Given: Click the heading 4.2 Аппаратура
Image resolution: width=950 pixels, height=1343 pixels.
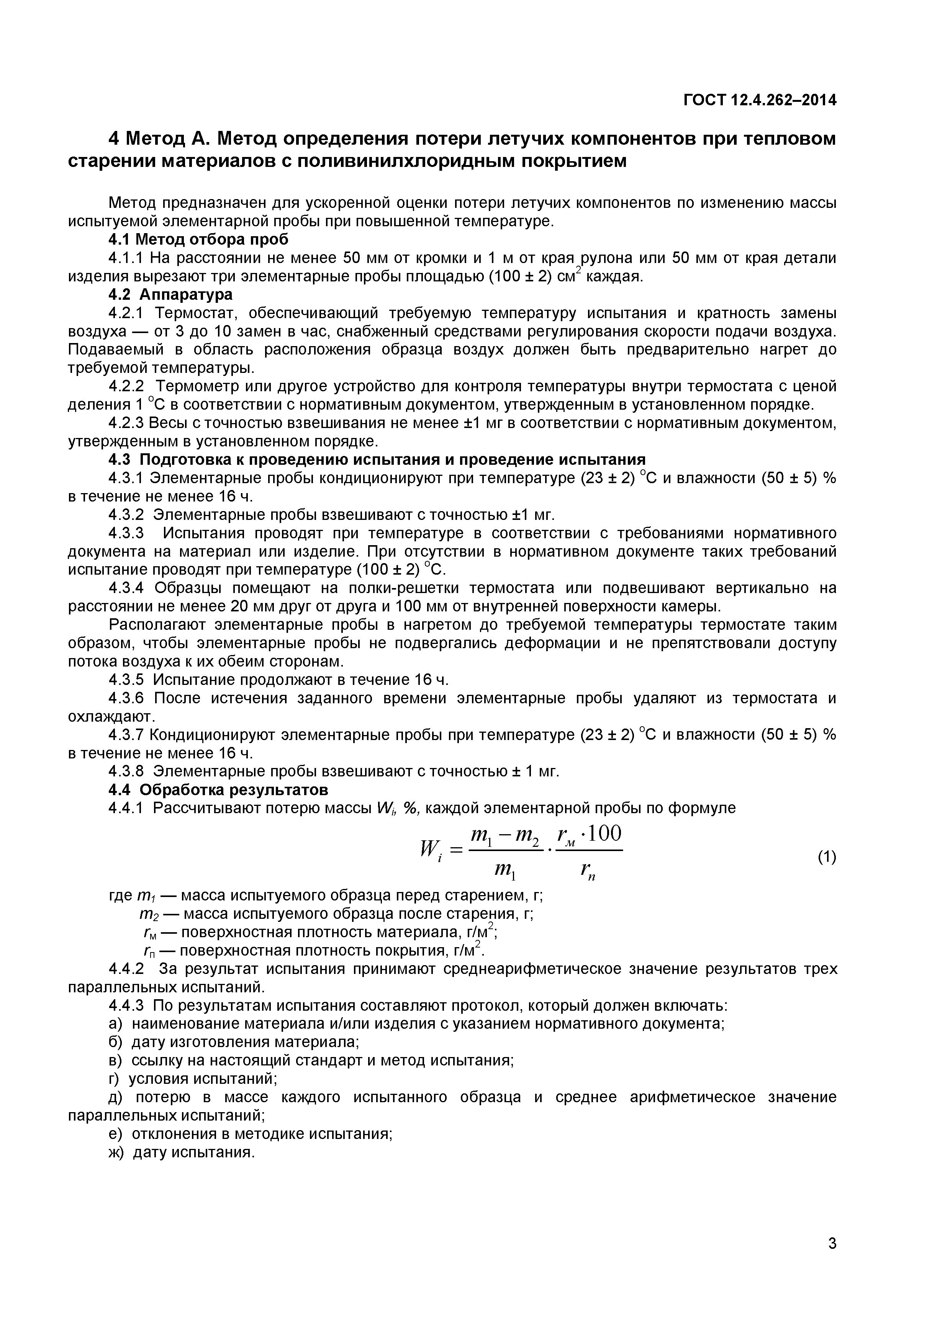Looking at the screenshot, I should pyautogui.click(x=170, y=294).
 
